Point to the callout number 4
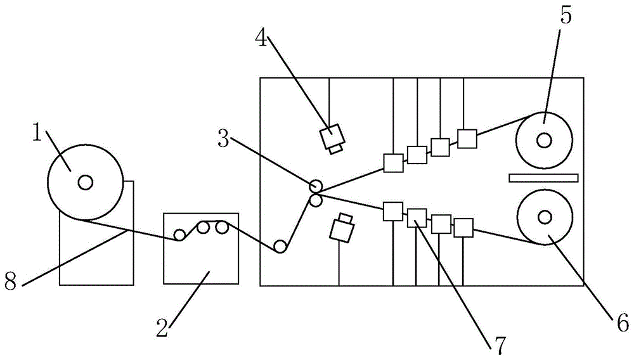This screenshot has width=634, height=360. (261, 37)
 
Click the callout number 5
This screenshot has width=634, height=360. (566, 16)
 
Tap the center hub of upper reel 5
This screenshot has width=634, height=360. (544, 140)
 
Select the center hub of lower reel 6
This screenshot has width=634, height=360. (544, 217)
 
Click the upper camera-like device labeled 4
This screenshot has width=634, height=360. (333, 138)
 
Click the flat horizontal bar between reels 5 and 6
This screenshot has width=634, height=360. (543, 177)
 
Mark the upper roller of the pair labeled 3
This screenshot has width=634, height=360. (315, 186)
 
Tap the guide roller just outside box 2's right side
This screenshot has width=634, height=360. (280, 247)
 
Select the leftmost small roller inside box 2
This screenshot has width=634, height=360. (181, 236)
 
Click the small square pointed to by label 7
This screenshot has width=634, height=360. (416, 217)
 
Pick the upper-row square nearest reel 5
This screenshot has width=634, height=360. (467, 139)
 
